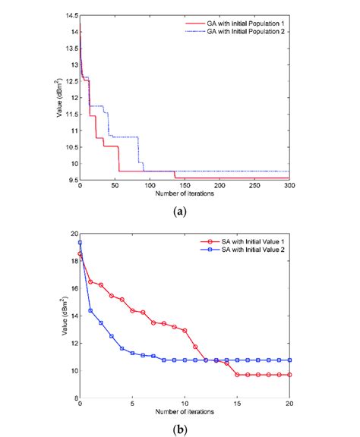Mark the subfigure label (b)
[x=180, y=429]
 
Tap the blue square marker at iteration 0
[x=81, y=243]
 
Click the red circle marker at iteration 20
[x=289, y=375]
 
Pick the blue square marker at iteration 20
[x=289, y=360]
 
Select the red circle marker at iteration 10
[x=185, y=331]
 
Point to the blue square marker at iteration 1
[x=90, y=310]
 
